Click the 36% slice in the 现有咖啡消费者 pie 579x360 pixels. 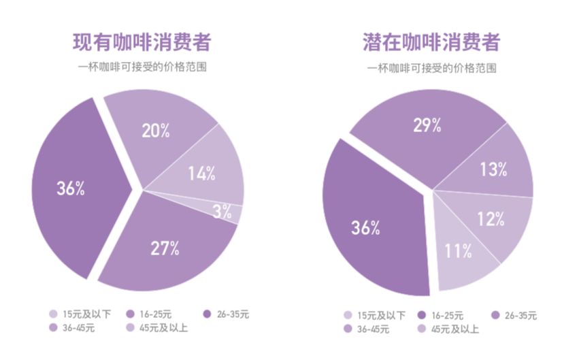point(68,189)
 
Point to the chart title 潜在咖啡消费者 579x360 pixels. point(431,42)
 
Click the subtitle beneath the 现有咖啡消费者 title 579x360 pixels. point(142,67)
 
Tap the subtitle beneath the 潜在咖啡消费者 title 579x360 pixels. point(431,68)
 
